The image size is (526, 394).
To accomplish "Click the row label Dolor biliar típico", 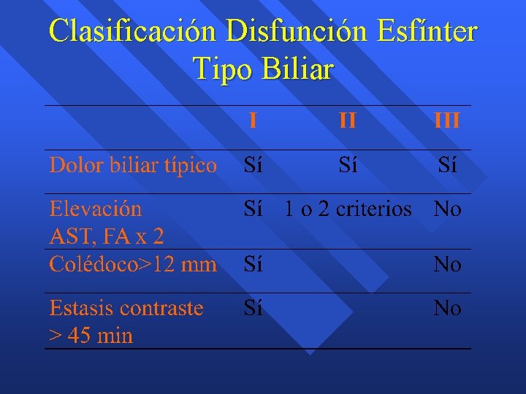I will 133,166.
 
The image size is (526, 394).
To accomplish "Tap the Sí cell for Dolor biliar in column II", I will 348,166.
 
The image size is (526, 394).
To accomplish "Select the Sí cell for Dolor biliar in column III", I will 447,166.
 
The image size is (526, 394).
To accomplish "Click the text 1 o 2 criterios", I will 348,209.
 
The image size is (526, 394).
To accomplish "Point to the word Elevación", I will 96,209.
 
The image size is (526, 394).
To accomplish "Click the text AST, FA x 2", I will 107,236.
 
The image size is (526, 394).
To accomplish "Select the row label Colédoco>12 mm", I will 133,264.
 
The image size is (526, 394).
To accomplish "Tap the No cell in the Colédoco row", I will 447,264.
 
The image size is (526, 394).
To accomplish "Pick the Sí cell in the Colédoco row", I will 253,264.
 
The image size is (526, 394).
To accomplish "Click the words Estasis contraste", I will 126,308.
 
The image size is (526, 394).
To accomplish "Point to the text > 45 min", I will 91,336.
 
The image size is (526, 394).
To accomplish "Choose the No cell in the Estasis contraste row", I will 447,309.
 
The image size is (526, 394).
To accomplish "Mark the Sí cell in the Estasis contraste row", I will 253,309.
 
